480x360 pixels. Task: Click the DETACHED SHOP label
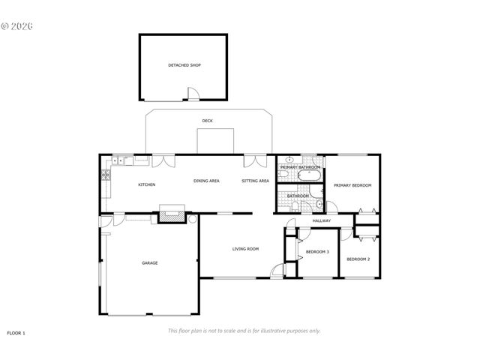184,65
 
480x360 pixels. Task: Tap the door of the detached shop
193,94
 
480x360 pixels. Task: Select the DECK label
207,121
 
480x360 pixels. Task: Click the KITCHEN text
146,184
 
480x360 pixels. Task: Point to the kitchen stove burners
106,177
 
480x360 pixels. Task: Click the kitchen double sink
123,160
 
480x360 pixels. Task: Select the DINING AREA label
206,181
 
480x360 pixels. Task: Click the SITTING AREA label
255,181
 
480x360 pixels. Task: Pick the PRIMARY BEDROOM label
352,185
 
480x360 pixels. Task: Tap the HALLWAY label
322,220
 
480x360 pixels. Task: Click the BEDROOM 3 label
317,252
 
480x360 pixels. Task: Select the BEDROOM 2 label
358,259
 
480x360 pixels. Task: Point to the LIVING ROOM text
244,249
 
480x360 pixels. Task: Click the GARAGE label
150,262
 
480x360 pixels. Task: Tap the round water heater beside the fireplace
191,219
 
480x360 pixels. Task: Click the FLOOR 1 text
16,331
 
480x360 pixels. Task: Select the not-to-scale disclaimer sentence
244,331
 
